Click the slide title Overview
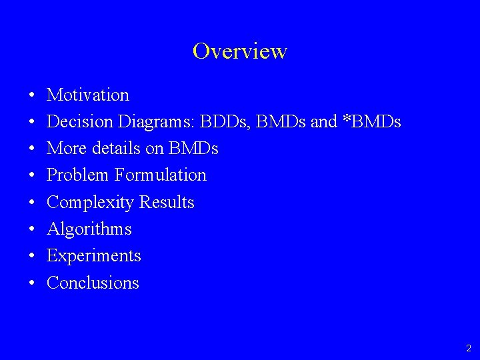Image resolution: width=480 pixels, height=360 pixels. pos(240,51)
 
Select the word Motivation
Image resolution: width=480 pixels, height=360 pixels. pos(88,95)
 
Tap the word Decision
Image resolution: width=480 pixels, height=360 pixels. pos(80,122)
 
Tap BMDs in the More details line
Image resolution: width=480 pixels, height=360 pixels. pos(193,149)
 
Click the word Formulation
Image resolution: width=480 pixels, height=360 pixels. pos(161,175)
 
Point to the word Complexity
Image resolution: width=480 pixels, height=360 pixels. pos(89,202)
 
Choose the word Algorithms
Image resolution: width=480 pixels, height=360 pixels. pos(89,229)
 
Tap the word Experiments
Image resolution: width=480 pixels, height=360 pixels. pos(94,256)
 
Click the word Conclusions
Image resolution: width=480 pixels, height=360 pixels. pos(93,283)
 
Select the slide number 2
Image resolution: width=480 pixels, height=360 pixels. pos(468,348)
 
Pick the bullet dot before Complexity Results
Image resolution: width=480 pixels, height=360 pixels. pos(32,203)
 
